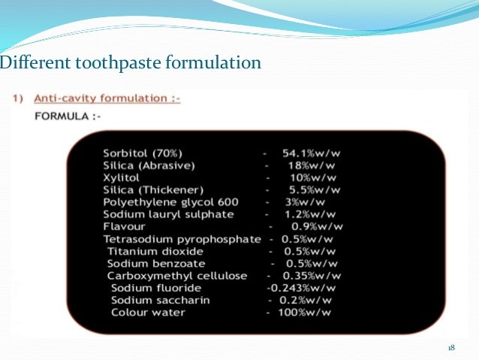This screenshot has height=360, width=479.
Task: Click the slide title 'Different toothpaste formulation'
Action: [131, 62]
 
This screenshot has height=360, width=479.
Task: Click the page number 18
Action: [451, 347]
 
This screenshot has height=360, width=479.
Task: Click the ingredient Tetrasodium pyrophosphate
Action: [179, 239]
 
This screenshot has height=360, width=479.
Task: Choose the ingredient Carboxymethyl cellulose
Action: [177, 276]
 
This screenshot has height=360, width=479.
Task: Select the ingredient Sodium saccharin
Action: [160, 300]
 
